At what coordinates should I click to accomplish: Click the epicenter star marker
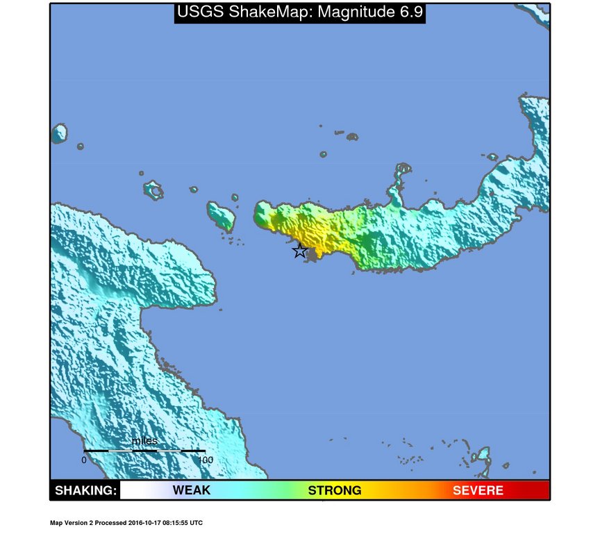(299, 251)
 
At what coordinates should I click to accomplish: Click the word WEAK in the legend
(192, 490)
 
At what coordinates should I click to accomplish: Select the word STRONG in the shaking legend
(335, 490)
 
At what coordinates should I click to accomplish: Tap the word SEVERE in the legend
(478, 490)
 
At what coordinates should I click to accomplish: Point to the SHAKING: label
(85, 490)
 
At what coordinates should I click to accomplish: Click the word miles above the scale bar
(144, 441)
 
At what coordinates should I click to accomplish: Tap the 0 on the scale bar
(84, 460)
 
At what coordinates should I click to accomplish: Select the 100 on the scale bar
(205, 460)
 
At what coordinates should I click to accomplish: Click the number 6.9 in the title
(408, 12)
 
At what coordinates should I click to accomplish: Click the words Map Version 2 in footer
(74, 523)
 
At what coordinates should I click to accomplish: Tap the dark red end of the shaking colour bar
(538, 490)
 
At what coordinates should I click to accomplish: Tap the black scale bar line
(144, 451)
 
